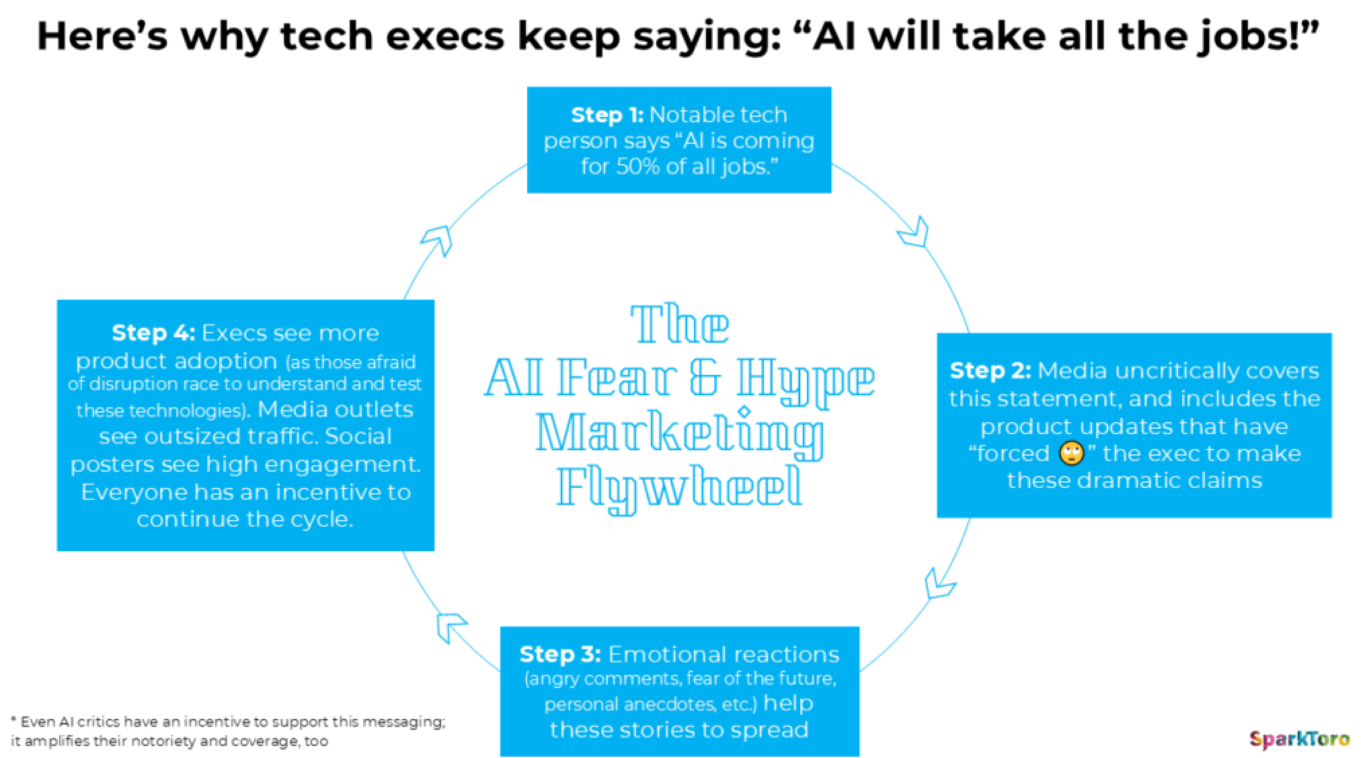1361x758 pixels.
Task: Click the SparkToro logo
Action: click(x=1298, y=739)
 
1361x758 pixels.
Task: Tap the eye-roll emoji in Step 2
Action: click(x=1072, y=454)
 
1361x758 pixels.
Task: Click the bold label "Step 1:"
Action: click(x=607, y=115)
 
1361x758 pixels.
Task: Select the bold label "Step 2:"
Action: click(x=990, y=370)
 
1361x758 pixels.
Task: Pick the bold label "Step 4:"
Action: click(x=153, y=333)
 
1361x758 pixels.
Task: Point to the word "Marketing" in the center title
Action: click(x=680, y=434)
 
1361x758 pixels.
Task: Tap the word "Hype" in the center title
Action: click(x=805, y=380)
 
